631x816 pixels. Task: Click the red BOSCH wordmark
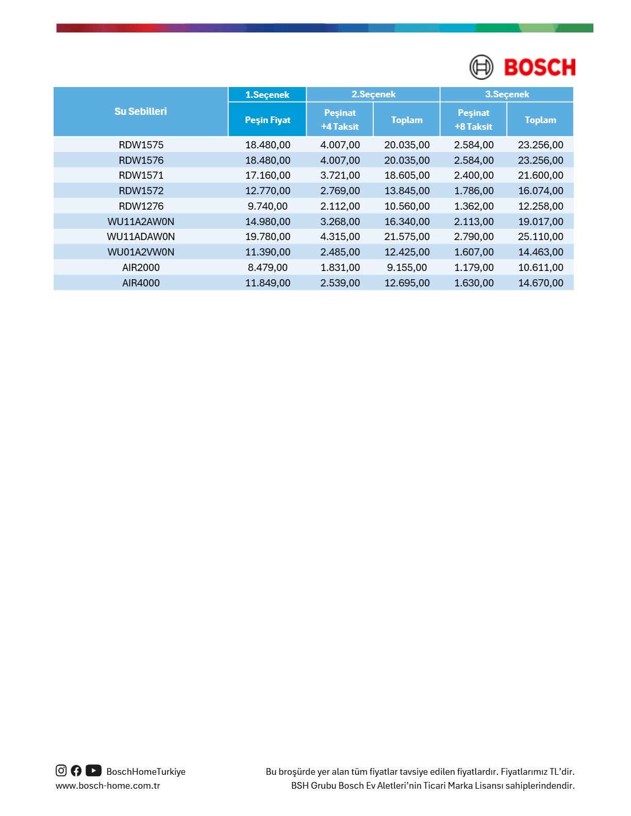(x=539, y=67)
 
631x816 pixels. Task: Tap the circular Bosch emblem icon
(x=481, y=67)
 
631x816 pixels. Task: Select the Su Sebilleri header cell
(x=141, y=111)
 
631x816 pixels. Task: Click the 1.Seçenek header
(x=267, y=94)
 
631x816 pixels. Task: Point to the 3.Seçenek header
(x=507, y=94)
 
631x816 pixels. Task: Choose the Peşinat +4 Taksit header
(x=340, y=120)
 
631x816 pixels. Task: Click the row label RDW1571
(x=141, y=175)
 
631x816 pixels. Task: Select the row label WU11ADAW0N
(x=141, y=236)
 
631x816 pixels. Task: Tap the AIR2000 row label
(x=141, y=267)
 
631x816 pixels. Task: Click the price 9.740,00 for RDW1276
(x=268, y=206)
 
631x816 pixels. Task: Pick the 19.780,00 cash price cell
(x=268, y=236)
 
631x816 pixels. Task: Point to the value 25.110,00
(x=540, y=236)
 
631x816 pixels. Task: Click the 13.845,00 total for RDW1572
(x=407, y=191)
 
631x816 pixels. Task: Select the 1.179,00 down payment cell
(x=474, y=267)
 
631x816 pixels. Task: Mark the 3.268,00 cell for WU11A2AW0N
(x=340, y=222)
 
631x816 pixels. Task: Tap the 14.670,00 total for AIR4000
(x=540, y=283)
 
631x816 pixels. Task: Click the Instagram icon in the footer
(x=61, y=771)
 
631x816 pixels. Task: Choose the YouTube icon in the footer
(x=93, y=771)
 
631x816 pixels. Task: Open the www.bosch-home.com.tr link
(x=108, y=786)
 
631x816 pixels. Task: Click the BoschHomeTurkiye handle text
(x=146, y=772)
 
